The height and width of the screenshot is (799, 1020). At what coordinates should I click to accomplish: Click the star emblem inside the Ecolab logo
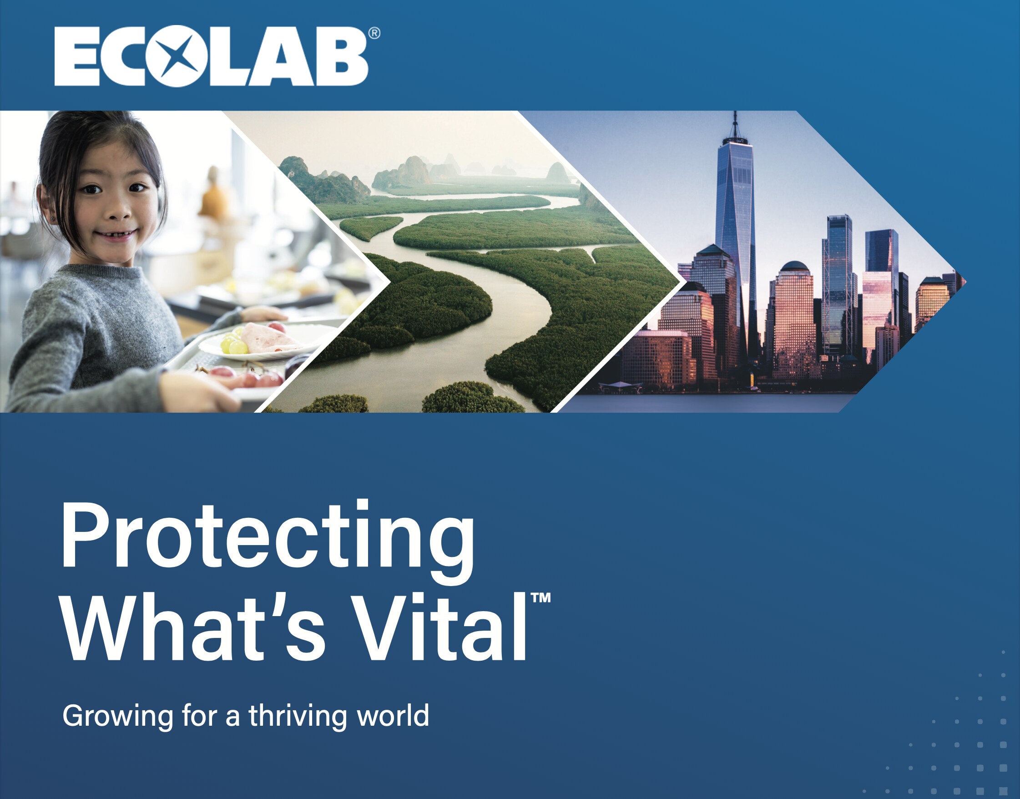point(177,56)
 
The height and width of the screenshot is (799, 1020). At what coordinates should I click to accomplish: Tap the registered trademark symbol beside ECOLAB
point(374,33)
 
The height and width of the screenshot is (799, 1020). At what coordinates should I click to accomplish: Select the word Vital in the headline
point(439,627)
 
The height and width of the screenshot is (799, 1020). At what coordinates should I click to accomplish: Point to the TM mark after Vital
point(540,598)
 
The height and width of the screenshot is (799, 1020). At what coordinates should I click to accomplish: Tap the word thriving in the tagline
point(298,716)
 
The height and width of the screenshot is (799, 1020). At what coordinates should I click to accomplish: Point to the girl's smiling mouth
point(117,234)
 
